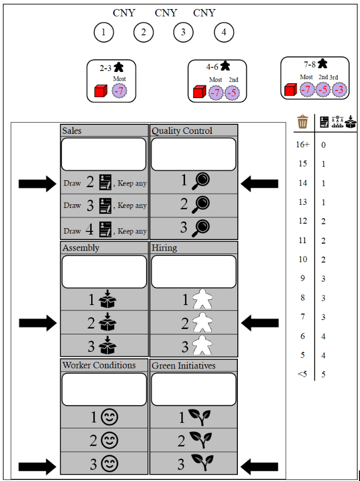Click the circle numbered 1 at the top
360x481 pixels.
[x=103, y=33]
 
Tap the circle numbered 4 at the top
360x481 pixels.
[x=224, y=33]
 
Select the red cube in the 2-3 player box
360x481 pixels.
[x=100, y=91]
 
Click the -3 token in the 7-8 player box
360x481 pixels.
[x=339, y=89]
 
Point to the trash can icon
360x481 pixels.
[x=303, y=122]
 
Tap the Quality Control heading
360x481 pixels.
[x=182, y=131]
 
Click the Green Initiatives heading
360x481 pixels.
[x=183, y=365]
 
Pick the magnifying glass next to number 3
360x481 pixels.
[x=201, y=228]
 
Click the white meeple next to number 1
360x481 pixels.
[x=202, y=300]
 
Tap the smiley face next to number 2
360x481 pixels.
[x=110, y=440]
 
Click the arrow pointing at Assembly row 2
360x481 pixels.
[x=37, y=323]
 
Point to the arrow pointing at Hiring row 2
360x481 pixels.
[x=260, y=323]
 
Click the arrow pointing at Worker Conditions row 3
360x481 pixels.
[x=37, y=467]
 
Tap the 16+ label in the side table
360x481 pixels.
[x=302, y=145]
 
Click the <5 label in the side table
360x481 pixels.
[x=302, y=374]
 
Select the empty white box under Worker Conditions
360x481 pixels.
[x=105, y=389]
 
